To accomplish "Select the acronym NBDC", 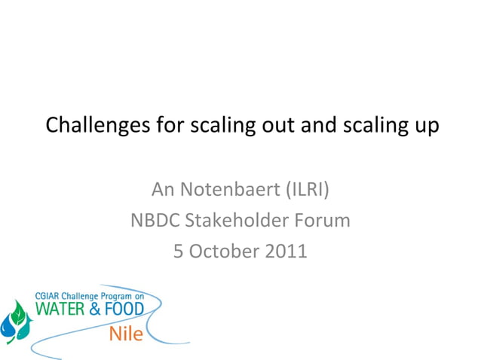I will point(154,221).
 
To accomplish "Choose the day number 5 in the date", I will point(179,251).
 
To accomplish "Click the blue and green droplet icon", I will point(17,323).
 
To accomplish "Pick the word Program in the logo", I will point(113,297).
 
